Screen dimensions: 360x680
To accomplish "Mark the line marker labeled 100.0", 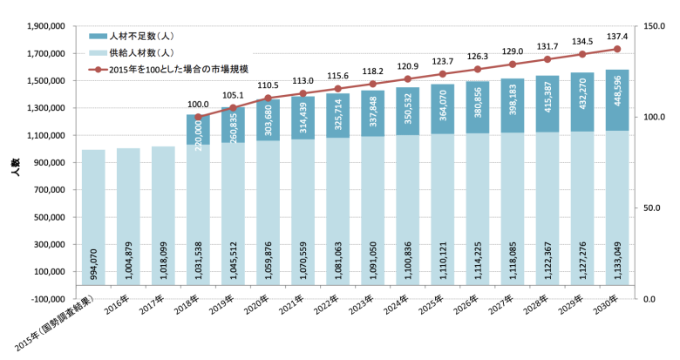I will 198,117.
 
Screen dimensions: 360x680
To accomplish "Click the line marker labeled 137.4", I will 616,49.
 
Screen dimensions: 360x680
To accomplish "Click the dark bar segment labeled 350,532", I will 407,111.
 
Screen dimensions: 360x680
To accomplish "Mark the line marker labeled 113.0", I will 303,93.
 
